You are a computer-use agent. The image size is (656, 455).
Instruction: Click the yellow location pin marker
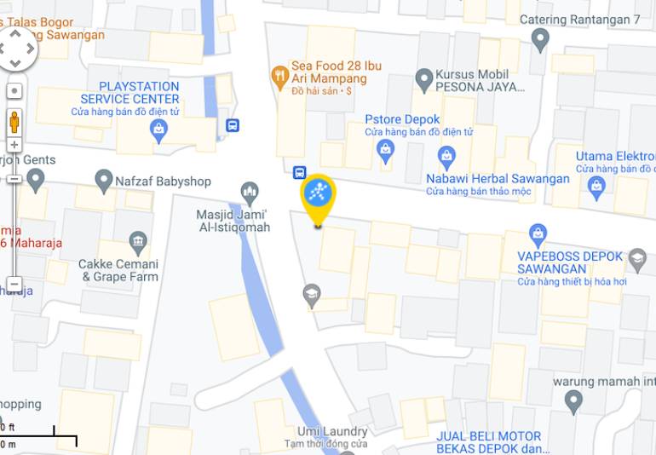(x=319, y=196)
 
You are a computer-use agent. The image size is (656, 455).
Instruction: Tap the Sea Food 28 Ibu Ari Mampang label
(x=336, y=72)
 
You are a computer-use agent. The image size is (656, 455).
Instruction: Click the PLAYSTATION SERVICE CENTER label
(x=140, y=93)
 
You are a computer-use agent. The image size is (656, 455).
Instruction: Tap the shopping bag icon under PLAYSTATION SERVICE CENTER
(x=158, y=130)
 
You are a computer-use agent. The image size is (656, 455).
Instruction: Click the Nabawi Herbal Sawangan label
(x=498, y=179)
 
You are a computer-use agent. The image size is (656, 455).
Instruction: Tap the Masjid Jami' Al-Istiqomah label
(x=233, y=221)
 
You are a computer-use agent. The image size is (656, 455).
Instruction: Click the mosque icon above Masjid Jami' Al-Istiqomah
(x=250, y=191)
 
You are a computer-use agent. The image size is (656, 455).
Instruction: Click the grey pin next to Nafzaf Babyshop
(x=104, y=181)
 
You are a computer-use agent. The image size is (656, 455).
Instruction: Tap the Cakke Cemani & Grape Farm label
(x=118, y=270)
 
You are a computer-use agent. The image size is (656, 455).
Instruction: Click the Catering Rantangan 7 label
(x=591, y=20)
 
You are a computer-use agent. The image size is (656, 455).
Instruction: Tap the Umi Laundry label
(x=332, y=432)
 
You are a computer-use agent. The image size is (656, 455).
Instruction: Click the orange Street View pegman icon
(x=14, y=121)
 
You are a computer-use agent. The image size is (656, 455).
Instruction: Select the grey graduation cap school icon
(x=312, y=296)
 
